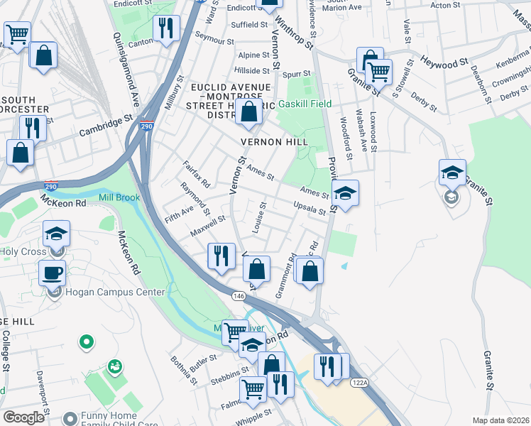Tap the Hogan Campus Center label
[115, 292]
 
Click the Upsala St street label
[310, 207]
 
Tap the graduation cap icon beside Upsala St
[344, 195]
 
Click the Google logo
[23, 417]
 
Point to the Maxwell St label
[207, 226]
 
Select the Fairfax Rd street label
[197, 174]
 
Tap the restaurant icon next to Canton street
[166, 29]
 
